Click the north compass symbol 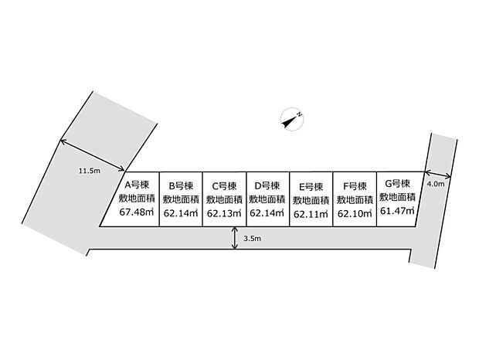292,119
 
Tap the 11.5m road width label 90,171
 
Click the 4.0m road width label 436,184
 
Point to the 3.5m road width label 253,239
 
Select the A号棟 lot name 137,185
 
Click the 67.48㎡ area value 137,212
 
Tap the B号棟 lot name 181,185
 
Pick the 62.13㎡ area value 224,213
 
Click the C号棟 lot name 224,185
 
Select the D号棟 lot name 267,185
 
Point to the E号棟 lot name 311,186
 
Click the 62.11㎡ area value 311,214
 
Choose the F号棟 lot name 355,186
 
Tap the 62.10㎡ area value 355,213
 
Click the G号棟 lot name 397,184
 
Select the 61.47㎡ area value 397,211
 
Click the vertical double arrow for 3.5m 235,238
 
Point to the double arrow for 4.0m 437,175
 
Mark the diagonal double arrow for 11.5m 92,155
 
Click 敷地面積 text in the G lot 397,197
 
